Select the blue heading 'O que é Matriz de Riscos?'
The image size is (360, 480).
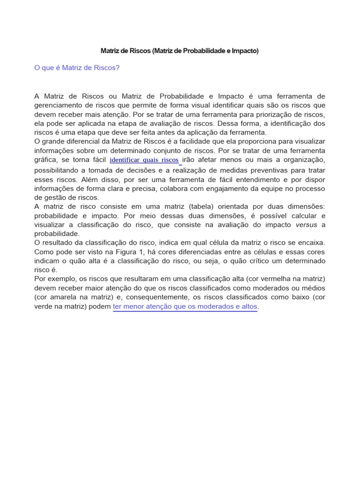pos(77,68)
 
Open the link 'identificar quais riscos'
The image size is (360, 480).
pos(144,160)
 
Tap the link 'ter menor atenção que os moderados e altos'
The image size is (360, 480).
pos(185,307)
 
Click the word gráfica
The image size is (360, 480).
pos(46,160)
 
